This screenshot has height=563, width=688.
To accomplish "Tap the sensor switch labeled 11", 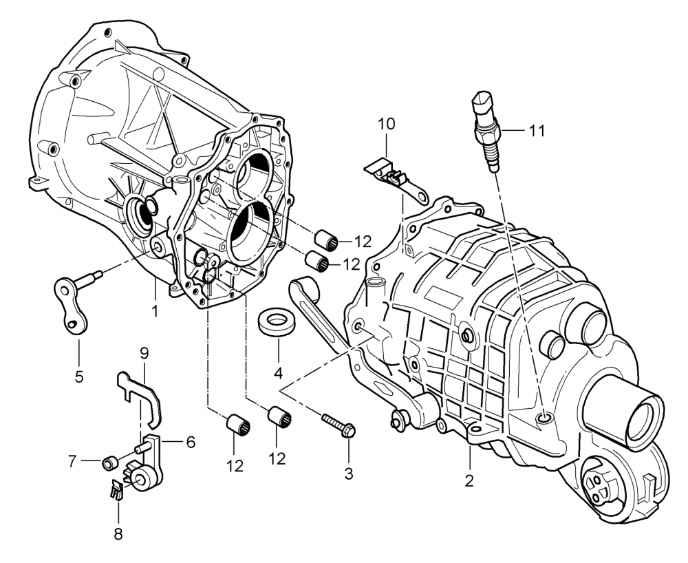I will [x=486, y=131].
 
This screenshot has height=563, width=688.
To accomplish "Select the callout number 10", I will [x=387, y=124].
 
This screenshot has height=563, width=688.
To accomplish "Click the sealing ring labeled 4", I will [x=277, y=321].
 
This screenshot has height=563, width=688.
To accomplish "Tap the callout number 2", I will [x=469, y=481].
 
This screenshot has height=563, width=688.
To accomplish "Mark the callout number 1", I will [x=155, y=311].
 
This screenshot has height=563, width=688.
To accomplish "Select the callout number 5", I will [x=78, y=376].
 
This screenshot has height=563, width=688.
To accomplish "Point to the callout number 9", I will [x=144, y=354].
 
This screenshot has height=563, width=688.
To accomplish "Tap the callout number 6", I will [x=189, y=442].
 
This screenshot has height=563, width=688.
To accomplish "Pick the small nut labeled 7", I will [x=108, y=462].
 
